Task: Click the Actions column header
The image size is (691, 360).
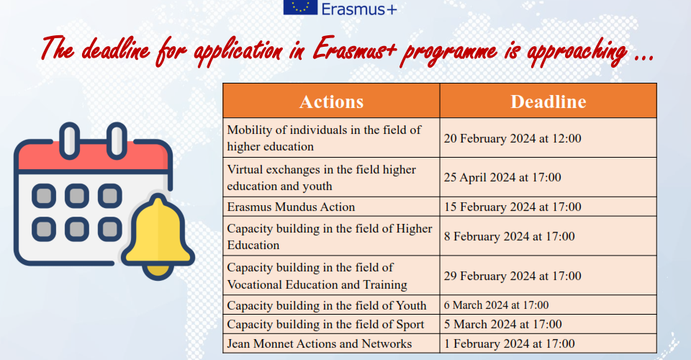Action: coord(331,102)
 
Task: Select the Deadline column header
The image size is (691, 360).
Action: coord(548,102)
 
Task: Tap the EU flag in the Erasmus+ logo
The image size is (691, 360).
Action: coord(300,7)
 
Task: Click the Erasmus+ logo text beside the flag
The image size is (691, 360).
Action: coord(359,9)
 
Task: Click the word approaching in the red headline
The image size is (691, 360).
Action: coord(577,52)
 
